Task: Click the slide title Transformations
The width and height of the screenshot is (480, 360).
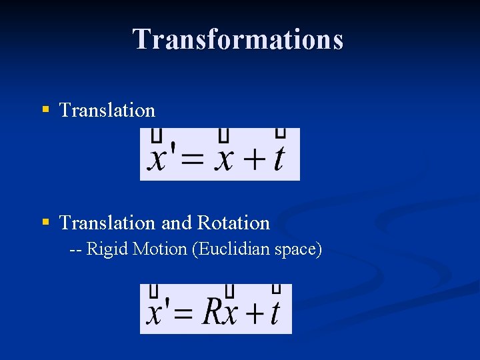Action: (x=238, y=39)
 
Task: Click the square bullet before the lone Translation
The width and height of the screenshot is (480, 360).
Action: (x=45, y=108)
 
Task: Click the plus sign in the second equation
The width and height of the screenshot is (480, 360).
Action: (x=253, y=314)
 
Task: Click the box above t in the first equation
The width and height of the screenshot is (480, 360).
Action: (x=281, y=133)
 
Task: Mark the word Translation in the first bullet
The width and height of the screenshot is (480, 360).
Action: (x=107, y=110)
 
